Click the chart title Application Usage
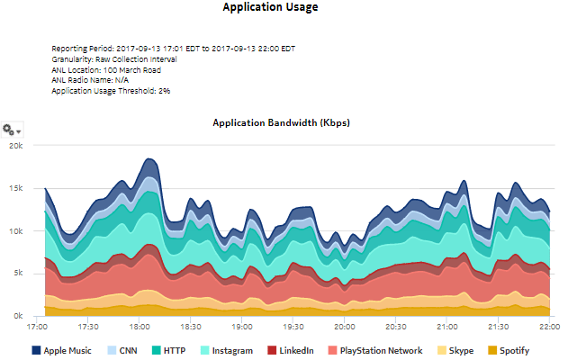click(x=271, y=7)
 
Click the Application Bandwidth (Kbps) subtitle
click(x=280, y=122)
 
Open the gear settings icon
click(x=12, y=130)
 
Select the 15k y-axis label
click(x=16, y=188)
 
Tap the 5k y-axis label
click(x=19, y=274)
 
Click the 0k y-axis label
click(x=19, y=316)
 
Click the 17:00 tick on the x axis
click(x=38, y=328)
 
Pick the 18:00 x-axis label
click(x=140, y=328)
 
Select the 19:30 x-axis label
click(x=293, y=328)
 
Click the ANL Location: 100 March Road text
click(x=106, y=69)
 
